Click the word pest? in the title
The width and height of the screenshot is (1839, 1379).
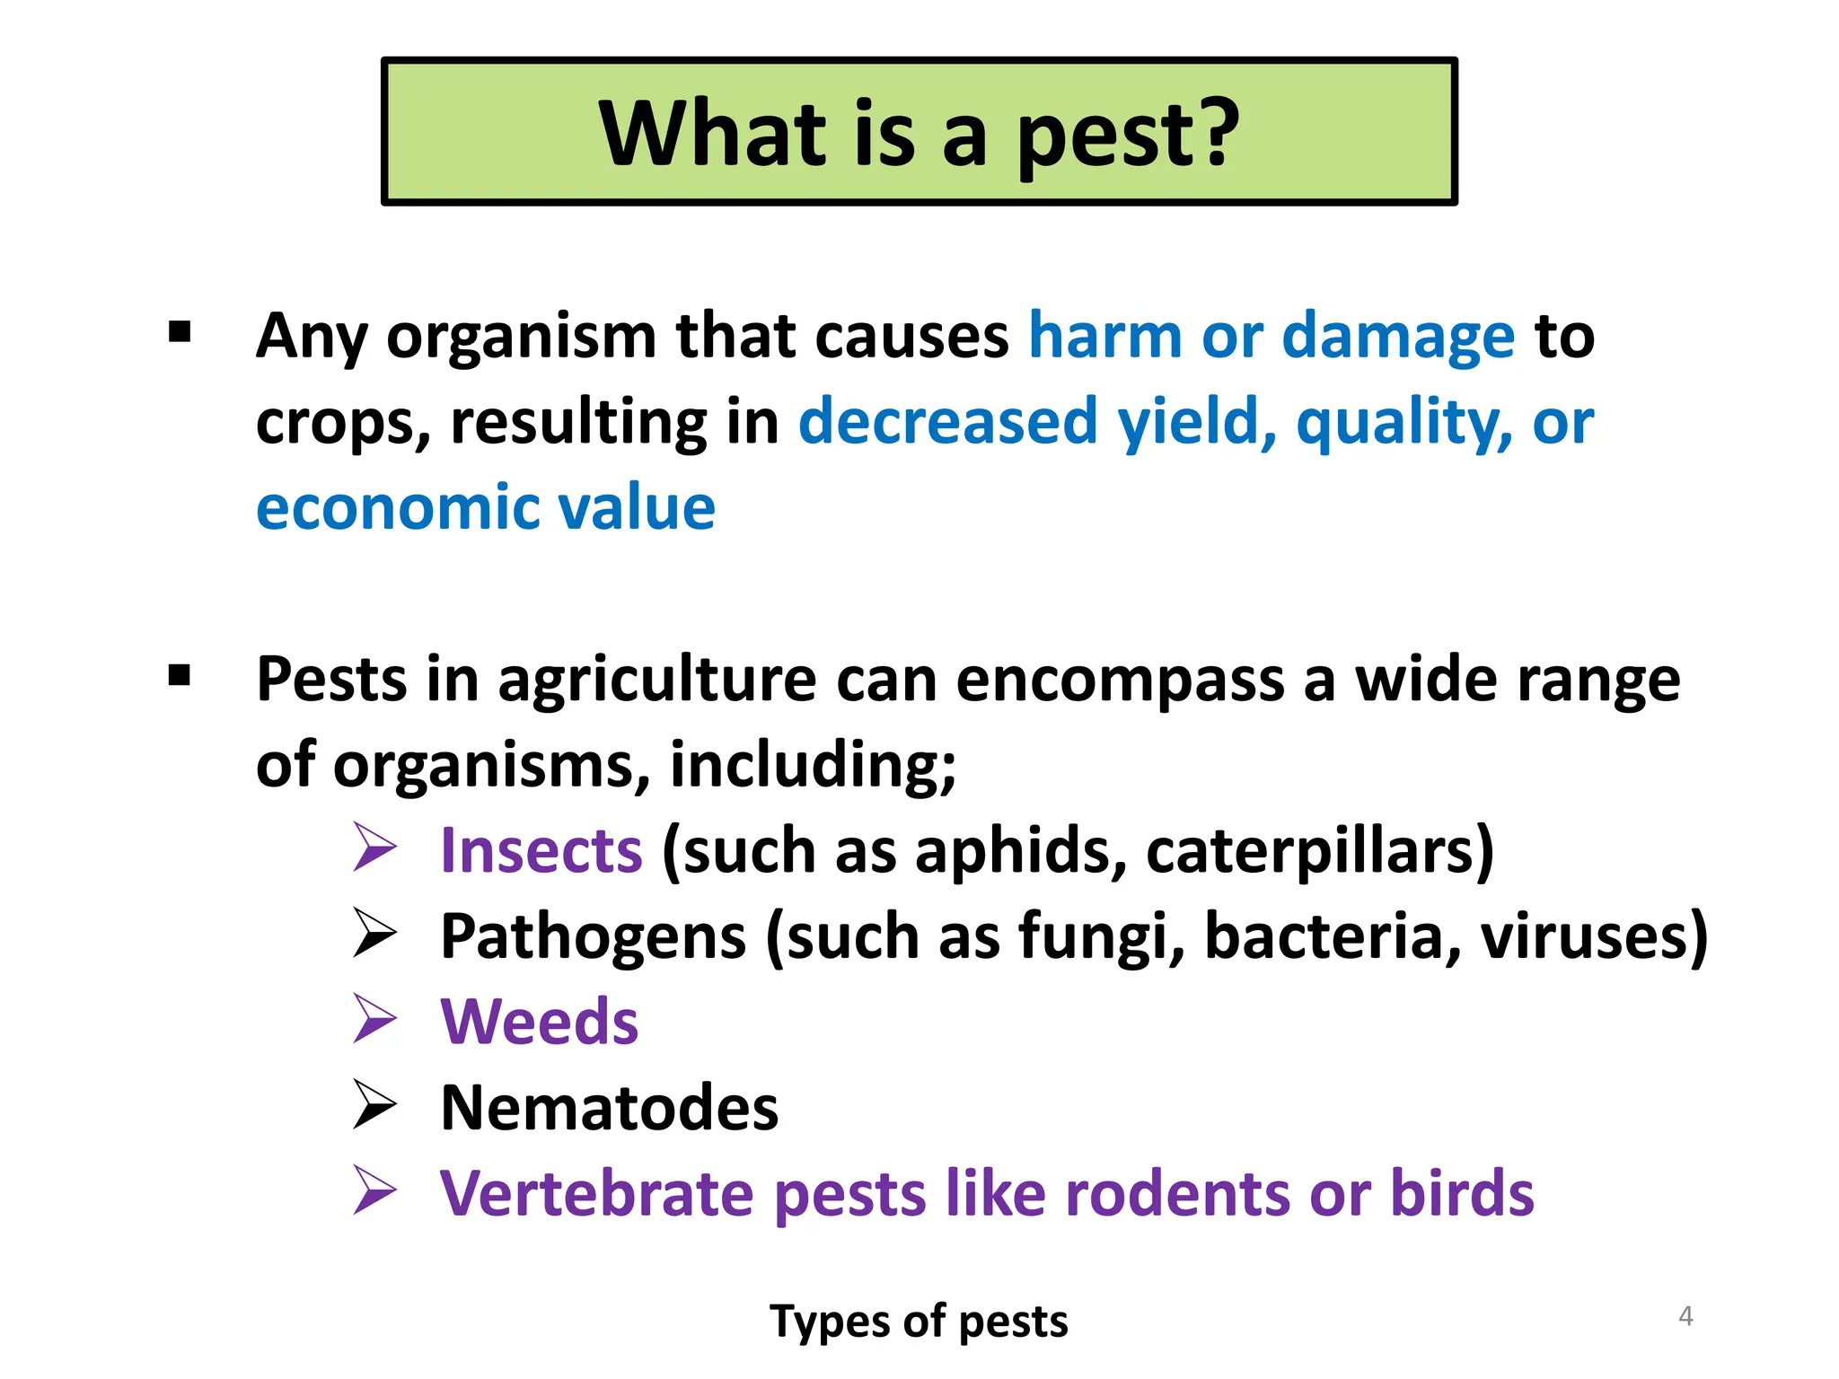(1128, 135)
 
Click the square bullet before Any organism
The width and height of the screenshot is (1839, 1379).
(180, 332)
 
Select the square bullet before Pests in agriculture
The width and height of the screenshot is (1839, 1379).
(180, 675)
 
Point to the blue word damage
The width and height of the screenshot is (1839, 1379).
(1398, 338)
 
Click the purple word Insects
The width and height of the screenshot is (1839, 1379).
(541, 851)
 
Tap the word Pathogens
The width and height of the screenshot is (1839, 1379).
(593, 937)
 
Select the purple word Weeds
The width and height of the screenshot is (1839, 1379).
(539, 1023)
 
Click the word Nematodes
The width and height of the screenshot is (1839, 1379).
(610, 1108)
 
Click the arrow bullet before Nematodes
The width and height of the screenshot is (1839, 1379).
(374, 1104)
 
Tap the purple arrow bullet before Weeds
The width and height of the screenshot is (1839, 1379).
(374, 1019)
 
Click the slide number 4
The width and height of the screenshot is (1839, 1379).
(1685, 1316)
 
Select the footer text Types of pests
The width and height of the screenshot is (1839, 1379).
(919, 1322)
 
